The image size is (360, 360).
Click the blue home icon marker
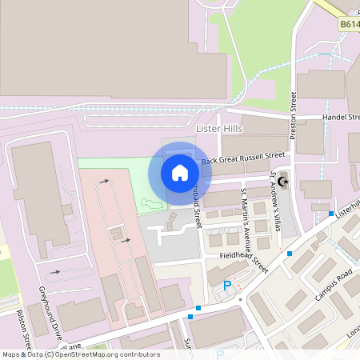(x=180, y=173)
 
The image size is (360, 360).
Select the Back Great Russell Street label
(x=243, y=158)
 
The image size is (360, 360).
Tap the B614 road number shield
(x=348, y=25)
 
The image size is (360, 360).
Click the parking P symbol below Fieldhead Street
(x=227, y=286)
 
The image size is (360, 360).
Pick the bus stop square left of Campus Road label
(x=290, y=254)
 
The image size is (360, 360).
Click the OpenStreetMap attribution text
(x=80, y=354)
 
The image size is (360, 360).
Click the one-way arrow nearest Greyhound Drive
(x=55, y=272)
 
